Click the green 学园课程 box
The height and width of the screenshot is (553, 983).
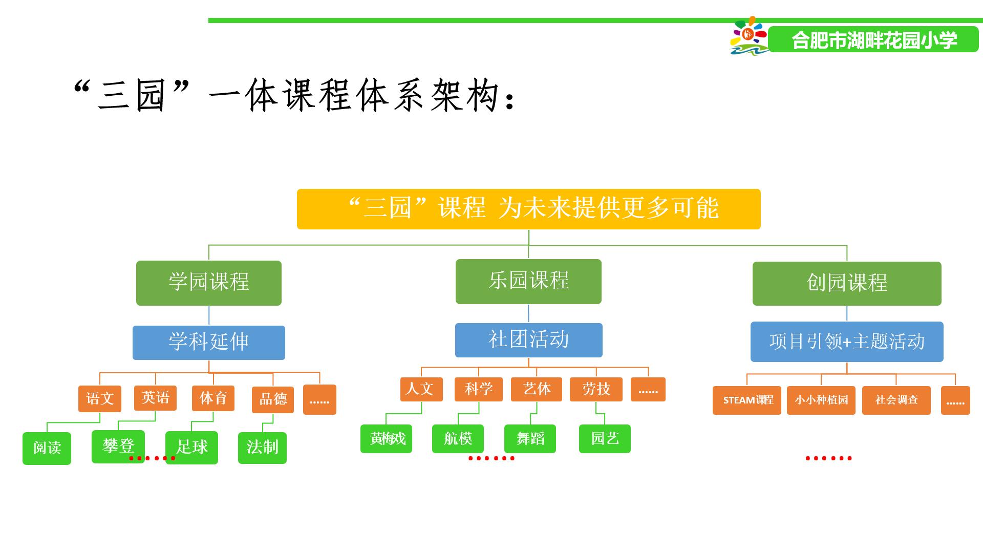click(x=208, y=283)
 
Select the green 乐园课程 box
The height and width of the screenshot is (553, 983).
click(x=528, y=282)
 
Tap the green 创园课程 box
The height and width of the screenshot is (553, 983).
click(x=847, y=284)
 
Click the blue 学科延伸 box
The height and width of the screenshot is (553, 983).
click(x=209, y=343)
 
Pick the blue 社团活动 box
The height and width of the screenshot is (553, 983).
click(x=529, y=340)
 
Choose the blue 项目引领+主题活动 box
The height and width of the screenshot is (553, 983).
click(x=847, y=342)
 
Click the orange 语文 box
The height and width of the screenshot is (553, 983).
click(x=100, y=399)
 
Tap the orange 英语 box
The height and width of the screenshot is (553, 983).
click(x=156, y=398)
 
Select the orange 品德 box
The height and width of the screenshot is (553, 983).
click(x=273, y=400)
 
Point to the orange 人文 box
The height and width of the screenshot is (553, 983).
click(x=421, y=389)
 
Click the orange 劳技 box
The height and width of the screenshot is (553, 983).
click(x=596, y=389)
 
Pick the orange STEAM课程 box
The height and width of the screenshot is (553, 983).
click(x=747, y=400)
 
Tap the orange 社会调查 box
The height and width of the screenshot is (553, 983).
click(x=896, y=400)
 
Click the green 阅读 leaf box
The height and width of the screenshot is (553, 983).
click(x=47, y=449)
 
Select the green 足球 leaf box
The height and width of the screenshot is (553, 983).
click(x=191, y=448)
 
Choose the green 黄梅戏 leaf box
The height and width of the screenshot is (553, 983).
click(x=386, y=439)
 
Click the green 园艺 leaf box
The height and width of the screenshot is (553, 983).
click(x=605, y=439)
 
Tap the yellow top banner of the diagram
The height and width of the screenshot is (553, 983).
click(x=529, y=209)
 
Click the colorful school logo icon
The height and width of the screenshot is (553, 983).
click(x=749, y=36)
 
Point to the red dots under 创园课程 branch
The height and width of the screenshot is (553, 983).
click(x=828, y=458)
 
